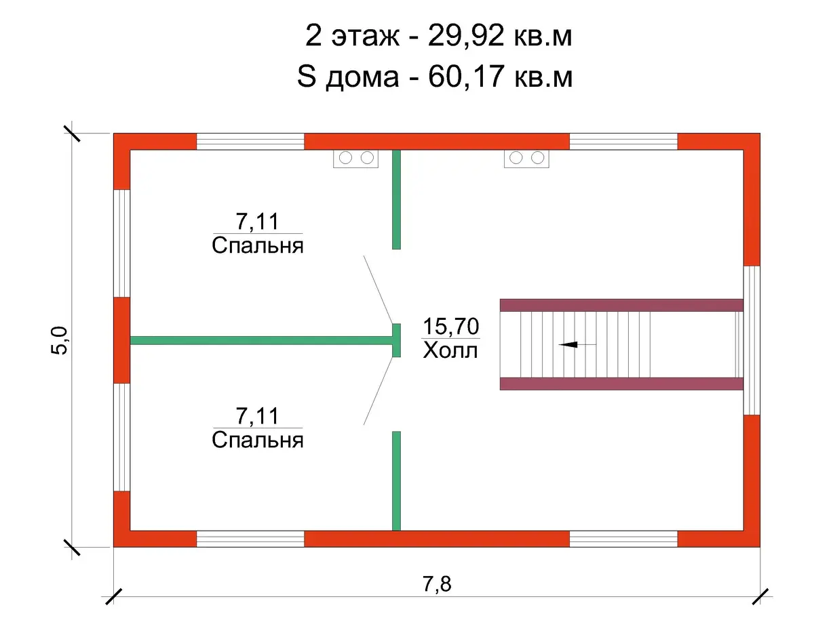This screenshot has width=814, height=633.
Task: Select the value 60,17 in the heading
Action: pyautogui.click(x=466, y=77)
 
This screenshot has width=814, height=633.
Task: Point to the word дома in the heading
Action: pyautogui.click(x=362, y=79)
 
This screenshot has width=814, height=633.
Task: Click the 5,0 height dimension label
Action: pyautogui.click(x=59, y=340)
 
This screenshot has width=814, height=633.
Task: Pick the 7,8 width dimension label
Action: pyautogui.click(x=437, y=584)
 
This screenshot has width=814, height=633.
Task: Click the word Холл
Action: pyautogui.click(x=450, y=351)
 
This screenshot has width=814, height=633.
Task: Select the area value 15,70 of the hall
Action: pyautogui.click(x=451, y=326)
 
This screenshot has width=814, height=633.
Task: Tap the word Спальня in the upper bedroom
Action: pyautogui.click(x=258, y=247)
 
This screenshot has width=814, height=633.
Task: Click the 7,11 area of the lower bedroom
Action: pyautogui.click(x=258, y=415)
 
